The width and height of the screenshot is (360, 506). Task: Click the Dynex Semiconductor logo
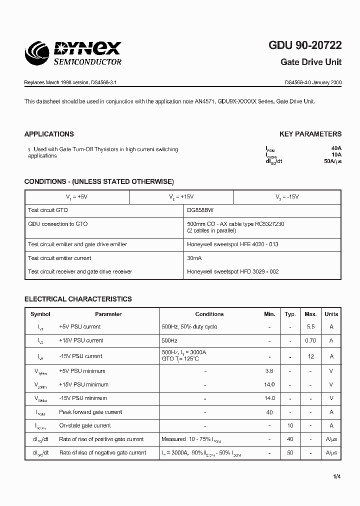pos(73,53)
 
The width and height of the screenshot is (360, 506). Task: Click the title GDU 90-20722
pos(305,45)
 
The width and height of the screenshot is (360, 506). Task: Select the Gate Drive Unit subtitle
pos(311,62)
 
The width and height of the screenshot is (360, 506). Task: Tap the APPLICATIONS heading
pos(49,134)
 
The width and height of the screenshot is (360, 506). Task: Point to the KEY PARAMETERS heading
pos(310,134)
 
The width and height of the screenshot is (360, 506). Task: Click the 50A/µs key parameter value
pos(332,161)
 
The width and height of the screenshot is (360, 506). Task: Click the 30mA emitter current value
pos(194,258)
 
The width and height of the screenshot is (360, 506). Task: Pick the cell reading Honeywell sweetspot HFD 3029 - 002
pos(232,271)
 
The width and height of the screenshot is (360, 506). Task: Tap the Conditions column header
pos(209,314)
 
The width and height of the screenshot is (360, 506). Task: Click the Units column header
pos(331,314)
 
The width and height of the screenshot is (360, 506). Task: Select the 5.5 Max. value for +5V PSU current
pos(310,326)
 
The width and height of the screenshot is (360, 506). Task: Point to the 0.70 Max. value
pos(310,340)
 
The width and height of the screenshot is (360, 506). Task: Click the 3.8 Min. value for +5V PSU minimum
pos(269,371)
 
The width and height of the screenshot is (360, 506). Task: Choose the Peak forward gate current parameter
pos(90,412)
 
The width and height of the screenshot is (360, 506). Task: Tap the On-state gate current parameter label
pos(85,425)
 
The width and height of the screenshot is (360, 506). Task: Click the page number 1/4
pos(337,476)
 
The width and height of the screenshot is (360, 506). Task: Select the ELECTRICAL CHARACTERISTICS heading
pos(78,299)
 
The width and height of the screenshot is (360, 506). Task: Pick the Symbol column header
pos(40,314)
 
